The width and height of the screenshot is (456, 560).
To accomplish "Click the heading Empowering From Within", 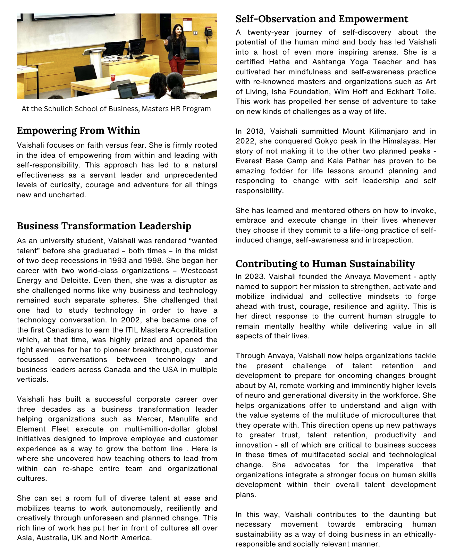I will [78, 131].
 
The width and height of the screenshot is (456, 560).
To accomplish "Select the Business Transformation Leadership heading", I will [104, 226].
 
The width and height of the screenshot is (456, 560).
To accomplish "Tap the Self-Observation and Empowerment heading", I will [322, 19].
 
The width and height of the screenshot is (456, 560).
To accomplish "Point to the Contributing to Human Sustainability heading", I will [325, 264].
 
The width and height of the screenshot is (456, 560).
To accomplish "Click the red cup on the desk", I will [112, 78].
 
